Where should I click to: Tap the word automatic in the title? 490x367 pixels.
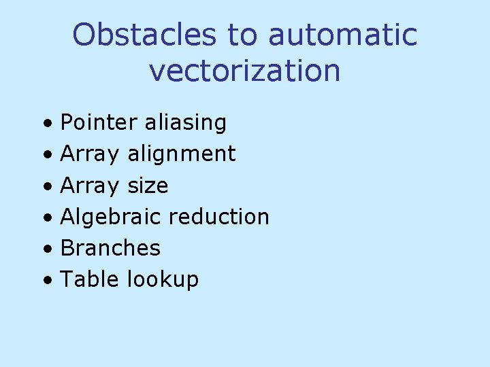(342, 35)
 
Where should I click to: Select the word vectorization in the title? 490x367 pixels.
(244, 70)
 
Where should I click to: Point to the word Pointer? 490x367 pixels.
(99, 122)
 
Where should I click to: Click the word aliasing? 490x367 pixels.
(185, 122)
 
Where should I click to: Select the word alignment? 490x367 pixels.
(181, 154)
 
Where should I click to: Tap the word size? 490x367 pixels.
(148, 185)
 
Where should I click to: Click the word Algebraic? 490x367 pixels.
(111, 217)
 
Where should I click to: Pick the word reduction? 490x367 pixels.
(218, 217)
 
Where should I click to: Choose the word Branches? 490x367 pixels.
(110, 248)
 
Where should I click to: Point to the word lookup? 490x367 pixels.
(163, 279)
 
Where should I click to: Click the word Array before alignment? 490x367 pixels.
(89, 154)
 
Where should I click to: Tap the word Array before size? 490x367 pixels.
(89, 185)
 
